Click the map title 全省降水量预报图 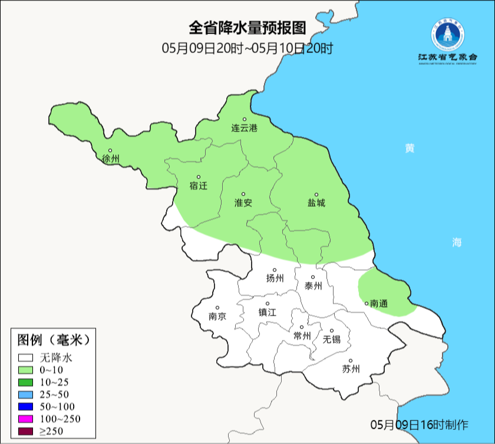click(248, 28)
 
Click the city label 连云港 click(244, 128)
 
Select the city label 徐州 click(110, 159)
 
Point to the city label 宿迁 click(199, 186)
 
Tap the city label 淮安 click(243, 203)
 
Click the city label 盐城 click(316, 203)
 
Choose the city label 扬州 click(275, 279)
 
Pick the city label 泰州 click(313, 286)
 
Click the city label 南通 click(379, 304)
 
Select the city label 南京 click(217, 316)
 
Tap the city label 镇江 click(268, 313)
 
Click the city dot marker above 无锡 click(332, 331)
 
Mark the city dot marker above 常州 click(302, 327)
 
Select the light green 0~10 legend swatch click(25, 370)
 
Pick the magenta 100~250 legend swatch click(25, 419)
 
